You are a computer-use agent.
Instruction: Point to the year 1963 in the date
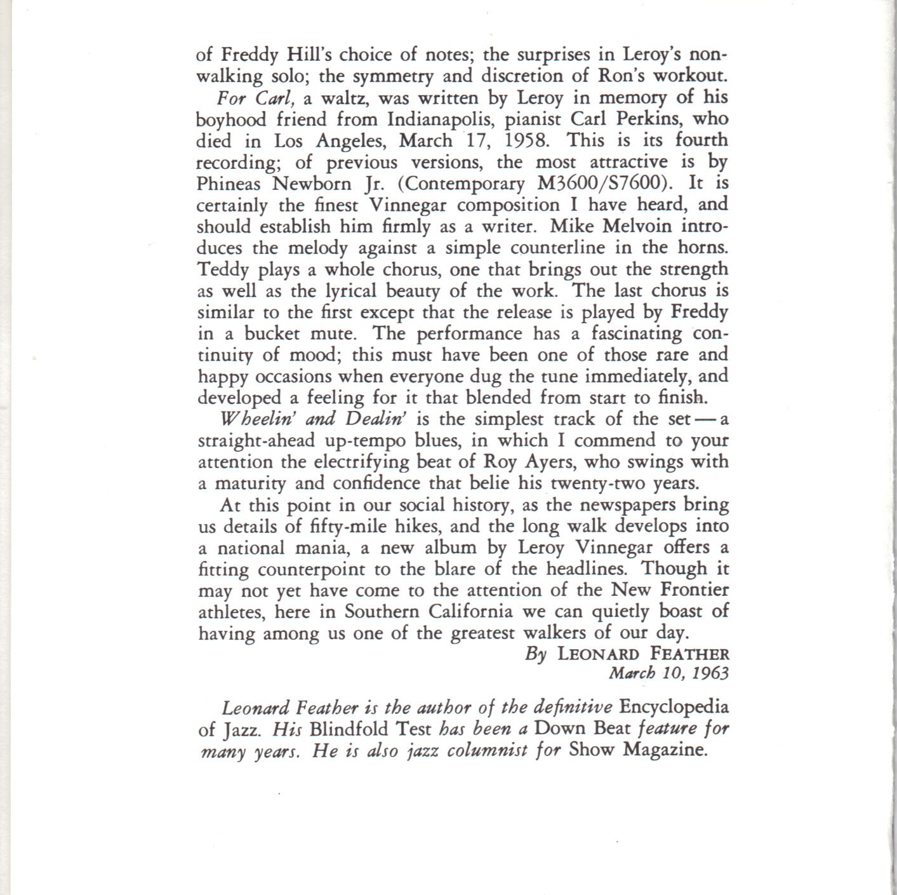[710, 673]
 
